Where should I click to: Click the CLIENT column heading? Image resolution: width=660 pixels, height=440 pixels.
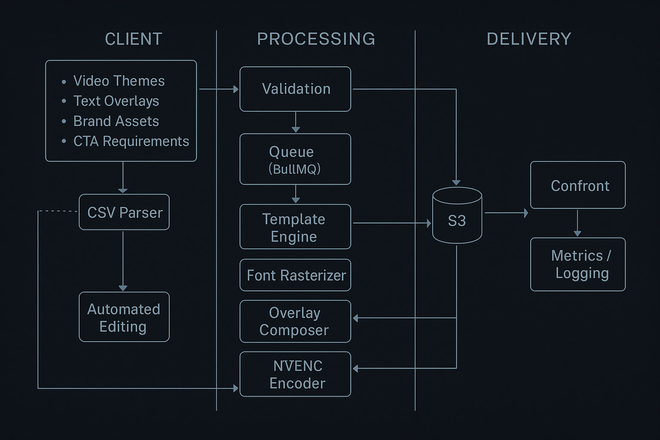[x=134, y=39]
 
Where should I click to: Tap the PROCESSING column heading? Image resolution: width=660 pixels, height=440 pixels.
[x=316, y=39]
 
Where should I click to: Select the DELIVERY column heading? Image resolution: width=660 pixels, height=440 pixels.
[x=529, y=39]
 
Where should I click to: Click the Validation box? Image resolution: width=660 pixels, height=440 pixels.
[x=295, y=89]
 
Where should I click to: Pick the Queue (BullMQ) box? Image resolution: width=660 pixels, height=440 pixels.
[x=295, y=159]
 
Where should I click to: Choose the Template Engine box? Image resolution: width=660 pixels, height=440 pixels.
[x=295, y=227]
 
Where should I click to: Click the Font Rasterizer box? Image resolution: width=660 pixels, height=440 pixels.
[x=295, y=275]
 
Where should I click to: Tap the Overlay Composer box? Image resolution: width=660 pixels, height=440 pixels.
[x=295, y=321]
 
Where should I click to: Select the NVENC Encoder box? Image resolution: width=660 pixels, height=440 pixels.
[x=295, y=374]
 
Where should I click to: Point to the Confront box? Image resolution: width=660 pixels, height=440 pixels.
[x=578, y=185]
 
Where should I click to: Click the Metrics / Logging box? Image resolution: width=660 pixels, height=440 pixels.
[x=578, y=264]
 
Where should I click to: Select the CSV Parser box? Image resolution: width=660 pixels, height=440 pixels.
[x=124, y=212]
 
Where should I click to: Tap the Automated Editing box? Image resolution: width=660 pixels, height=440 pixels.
[x=124, y=317]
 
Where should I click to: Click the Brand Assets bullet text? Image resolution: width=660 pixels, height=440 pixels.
[x=116, y=121]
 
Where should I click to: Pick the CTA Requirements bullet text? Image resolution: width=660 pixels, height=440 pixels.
[x=131, y=141]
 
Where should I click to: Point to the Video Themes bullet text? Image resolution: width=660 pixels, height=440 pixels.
[x=119, y=81]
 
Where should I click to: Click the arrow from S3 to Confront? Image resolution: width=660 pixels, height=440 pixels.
[x=506, y=213]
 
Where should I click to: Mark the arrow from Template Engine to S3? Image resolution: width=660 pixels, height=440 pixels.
[x=391, y=223]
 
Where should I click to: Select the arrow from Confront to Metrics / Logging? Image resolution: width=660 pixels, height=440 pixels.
[x=577, y=223]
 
